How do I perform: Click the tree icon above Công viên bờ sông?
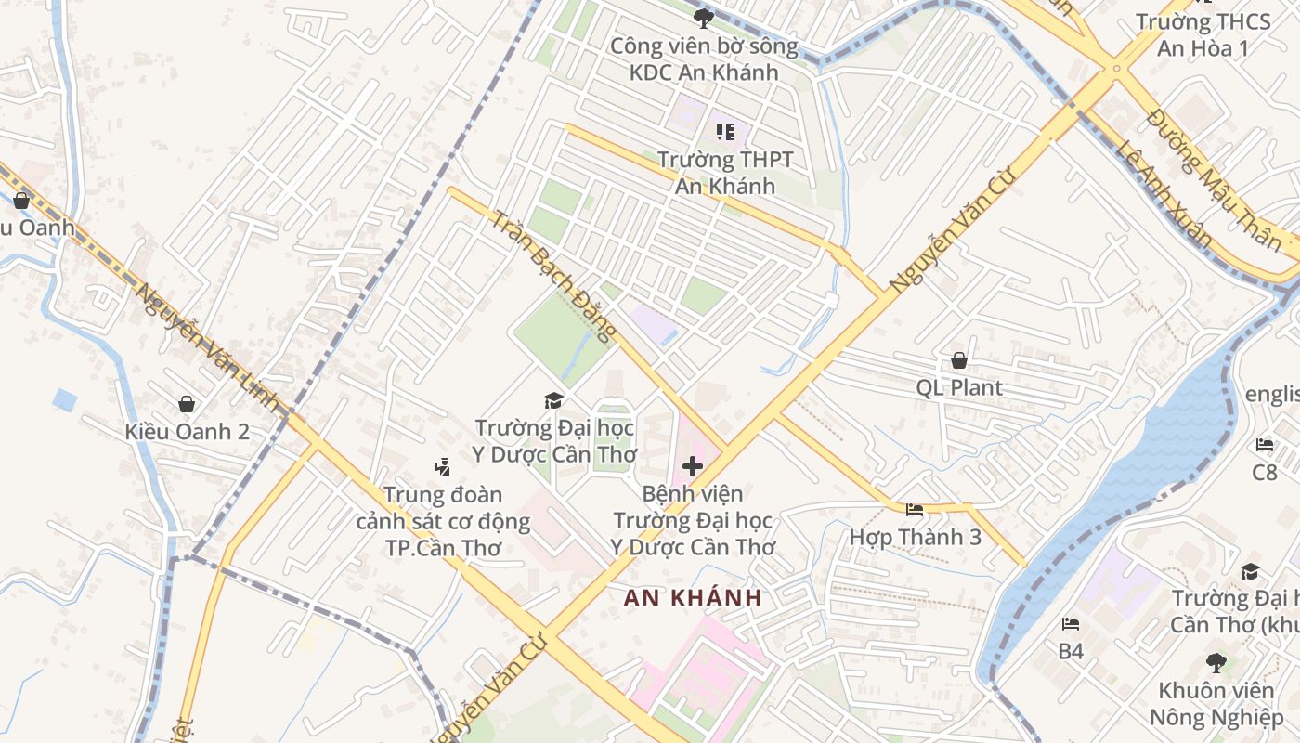coord(703,17)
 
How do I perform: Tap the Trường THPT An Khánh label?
coord(725,173)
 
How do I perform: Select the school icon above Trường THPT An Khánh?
coord(725,132)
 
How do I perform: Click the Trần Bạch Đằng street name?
coord(552,275)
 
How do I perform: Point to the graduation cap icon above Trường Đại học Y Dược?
coord(554,400)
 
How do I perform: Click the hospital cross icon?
coord(693,465)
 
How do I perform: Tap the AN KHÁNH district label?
coord(693,598)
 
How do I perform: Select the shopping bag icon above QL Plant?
coord(958,360)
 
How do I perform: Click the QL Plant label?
coord(959,387)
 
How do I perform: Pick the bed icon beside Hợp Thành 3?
coord(915,510)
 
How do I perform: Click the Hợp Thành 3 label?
coord(915,537)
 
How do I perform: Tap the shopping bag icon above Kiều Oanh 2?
coord(187,404)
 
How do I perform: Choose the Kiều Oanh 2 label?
coord(187,431)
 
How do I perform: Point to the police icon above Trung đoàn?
coord(443,466)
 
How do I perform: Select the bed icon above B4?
coord(1071,624)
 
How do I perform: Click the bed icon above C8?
coord(1265,445)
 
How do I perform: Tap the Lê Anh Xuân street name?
coord(1165,194)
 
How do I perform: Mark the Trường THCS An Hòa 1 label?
coord(1202,34)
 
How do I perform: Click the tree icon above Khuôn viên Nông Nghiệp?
coord(1215,663)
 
